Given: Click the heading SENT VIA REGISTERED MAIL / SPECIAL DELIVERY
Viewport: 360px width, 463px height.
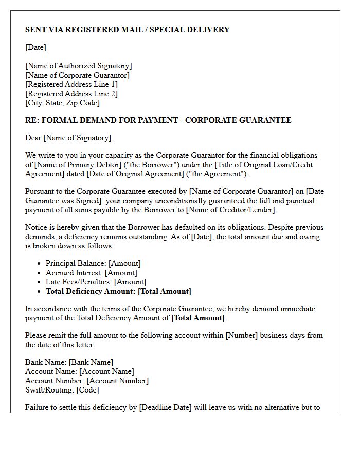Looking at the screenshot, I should (x=127, y=30).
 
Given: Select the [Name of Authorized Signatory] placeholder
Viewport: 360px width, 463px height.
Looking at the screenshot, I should (x=78, y=66).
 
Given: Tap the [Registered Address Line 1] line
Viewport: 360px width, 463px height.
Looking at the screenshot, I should (x=71, y=84).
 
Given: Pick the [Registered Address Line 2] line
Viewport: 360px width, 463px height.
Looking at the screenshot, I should (x=71, y=94).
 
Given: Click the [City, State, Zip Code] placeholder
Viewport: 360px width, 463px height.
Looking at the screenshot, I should (x=62, y=103).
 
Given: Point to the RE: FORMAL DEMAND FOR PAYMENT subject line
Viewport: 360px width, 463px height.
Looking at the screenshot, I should (x=158, y=120).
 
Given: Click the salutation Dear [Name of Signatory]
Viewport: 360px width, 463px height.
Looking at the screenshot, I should (x=69, y=138).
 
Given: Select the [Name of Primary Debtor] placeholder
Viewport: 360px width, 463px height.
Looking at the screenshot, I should (x=72, y=165).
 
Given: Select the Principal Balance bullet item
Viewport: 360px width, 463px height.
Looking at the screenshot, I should (x=93, y=263).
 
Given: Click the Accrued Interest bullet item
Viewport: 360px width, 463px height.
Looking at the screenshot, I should (x=91, y=273).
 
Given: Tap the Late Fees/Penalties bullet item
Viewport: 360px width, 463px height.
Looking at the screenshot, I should (x=96, y=282).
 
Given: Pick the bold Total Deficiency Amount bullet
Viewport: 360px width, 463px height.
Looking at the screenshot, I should (x=118, y=291).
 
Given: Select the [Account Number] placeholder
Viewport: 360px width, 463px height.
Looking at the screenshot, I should (x=117, y=381).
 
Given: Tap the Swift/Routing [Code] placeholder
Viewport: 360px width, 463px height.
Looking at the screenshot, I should (x=87, y=390).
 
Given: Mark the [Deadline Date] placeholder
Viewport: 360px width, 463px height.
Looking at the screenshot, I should (x=165, y=407).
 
